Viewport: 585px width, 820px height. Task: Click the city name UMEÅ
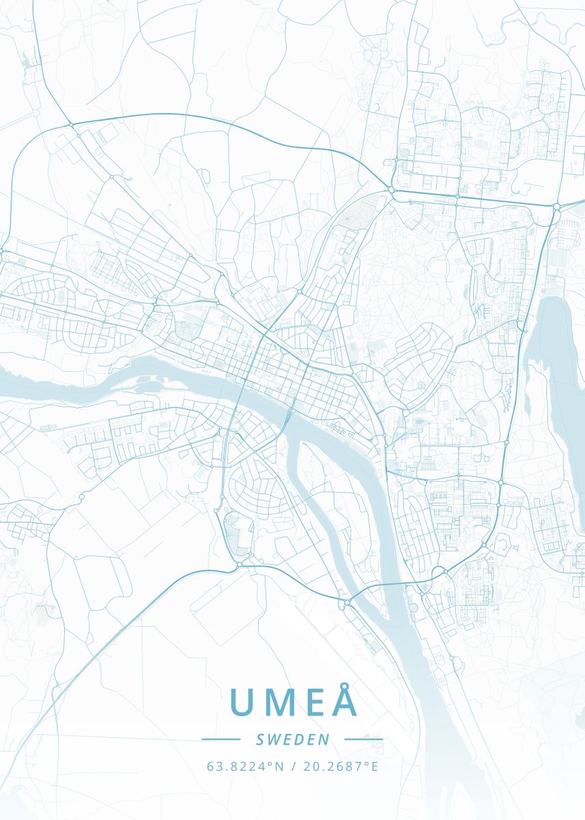pyautogui.click(x=294, y=702)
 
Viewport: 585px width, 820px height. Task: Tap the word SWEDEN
pyautogui.click(x=293, y=739)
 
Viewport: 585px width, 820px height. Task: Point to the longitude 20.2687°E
pyautogui.click(x=339, y=766)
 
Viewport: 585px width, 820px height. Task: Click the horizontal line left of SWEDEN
pyautogui.click(x=221, y=739)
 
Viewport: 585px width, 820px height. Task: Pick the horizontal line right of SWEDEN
pyautogui.click(x=364, y=739)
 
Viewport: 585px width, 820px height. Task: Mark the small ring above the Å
pyautogui.click(x=346, y=683)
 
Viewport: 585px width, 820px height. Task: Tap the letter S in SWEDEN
pyautogui.click(x=260, y=739)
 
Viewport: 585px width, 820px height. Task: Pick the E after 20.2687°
pyautogui.click(x=375, y=766)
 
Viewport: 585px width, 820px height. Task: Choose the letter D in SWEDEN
pyautogui.click(x=299, y=739)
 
